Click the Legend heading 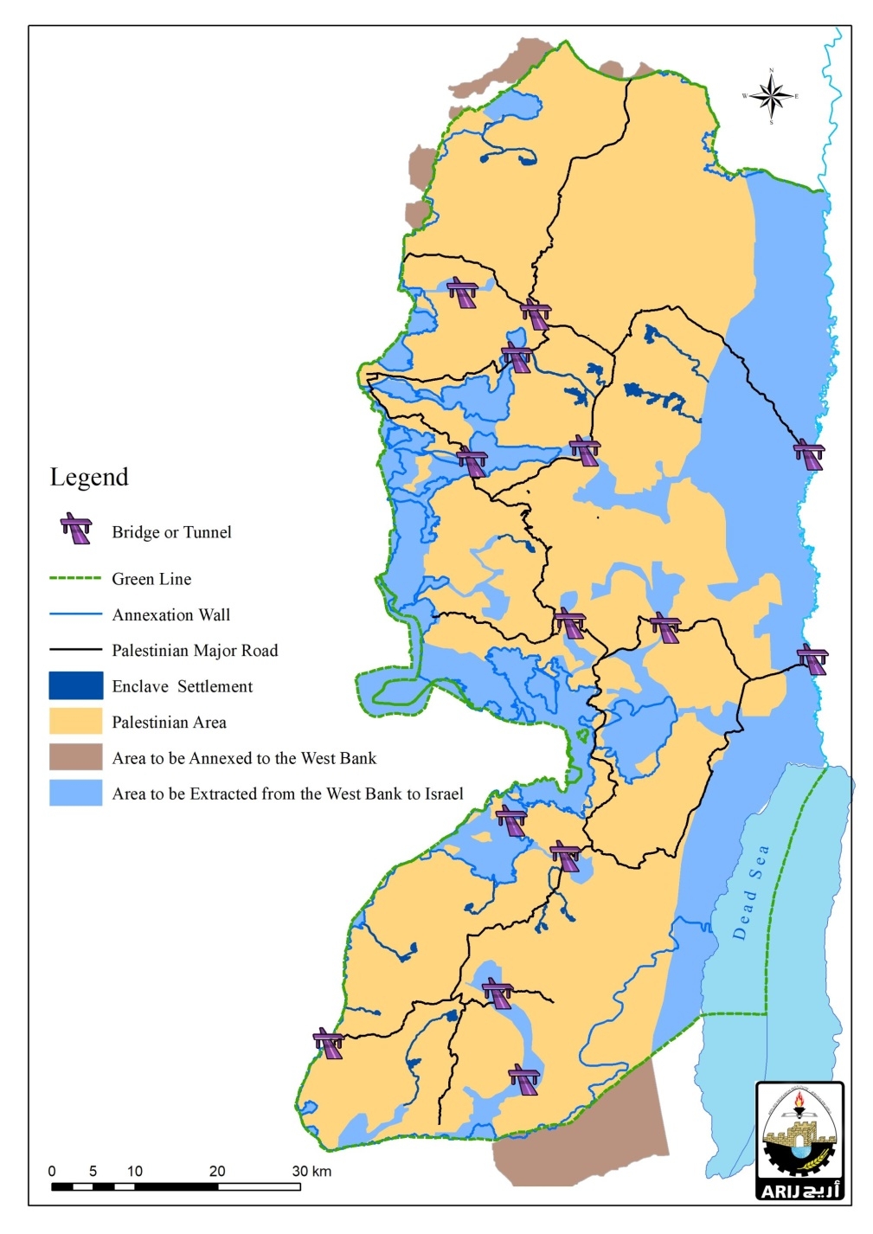pos(89,478)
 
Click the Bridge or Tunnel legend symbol pos(76,529)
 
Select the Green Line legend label pos(151,579)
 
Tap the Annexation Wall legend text pos(170,615)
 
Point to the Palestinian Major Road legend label pos(195,651)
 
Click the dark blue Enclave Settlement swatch pos(75,686)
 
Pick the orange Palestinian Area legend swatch pos(75,722)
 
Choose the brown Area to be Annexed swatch pos(75,758)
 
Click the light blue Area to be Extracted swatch pos(75,794)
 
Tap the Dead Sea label pos(749,892)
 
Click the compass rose pos(771,96)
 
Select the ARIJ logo pos(799,1141)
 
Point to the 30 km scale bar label pos(311,1171)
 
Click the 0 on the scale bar pos(52,1171)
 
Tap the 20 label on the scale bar pos(216,1171)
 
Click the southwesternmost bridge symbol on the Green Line pos(329,1043)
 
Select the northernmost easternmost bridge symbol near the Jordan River pos(809,453)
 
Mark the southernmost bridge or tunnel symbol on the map pos(524,1080)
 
